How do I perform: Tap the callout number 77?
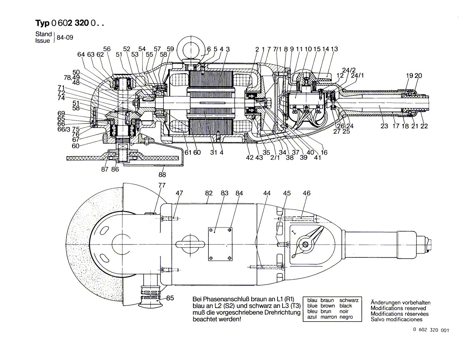(162, 186)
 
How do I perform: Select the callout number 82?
(209, 193)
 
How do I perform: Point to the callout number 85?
(170, 298)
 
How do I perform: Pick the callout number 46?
(307, 193)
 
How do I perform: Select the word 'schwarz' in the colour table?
(349, 300)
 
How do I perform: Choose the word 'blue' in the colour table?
(312, 306)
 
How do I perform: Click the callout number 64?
(81, 55)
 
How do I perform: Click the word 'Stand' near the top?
(43, 34)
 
